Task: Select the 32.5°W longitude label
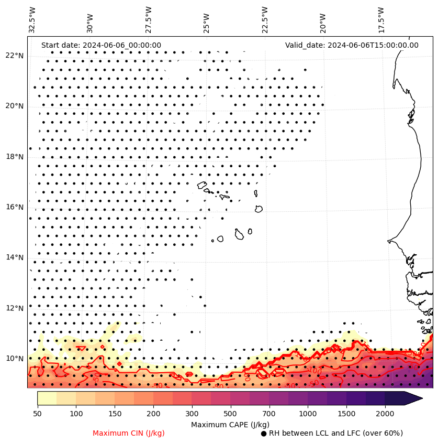(x=32, y=19)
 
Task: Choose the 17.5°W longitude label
(x=380, y=19)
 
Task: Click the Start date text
(x=101, y=45)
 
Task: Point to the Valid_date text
(x=352, y=45)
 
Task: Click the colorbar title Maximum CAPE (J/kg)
(x=230, y=424)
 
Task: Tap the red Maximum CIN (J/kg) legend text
(x=128, y=433)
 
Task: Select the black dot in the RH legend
(x=264, y=434)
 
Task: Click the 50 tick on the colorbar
(x=37, y=414)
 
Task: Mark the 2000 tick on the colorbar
(x=385, y=414)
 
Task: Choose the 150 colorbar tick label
(x=95, y=414)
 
